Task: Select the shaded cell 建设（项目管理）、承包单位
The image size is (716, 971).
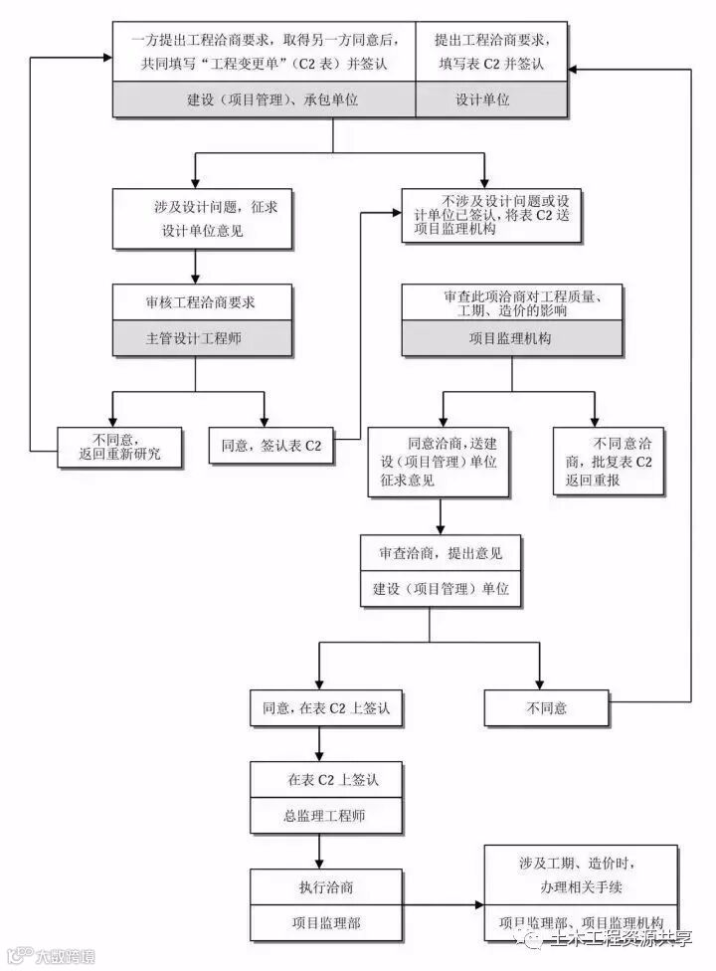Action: coord(263,99)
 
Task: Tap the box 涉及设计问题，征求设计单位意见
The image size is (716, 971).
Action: coord(202,219)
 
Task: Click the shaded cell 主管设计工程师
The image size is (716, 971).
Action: coord(202,338)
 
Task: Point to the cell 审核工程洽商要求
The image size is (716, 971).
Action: coord(202,301)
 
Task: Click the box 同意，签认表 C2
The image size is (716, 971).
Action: coord(271,446)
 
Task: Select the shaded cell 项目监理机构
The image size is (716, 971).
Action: coord(511,338)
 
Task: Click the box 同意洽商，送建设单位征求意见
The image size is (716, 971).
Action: coord(439,462)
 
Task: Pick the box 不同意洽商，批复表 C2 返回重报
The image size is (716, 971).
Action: coord(609,462)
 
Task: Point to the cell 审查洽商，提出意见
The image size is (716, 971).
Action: coord(440,552)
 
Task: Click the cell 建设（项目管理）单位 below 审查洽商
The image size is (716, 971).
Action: coord(440,589)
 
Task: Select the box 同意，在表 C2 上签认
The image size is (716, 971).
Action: coord(318,708)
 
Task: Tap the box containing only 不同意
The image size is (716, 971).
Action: coord(546,708)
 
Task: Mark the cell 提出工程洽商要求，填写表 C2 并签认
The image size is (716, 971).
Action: coord(490,52)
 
